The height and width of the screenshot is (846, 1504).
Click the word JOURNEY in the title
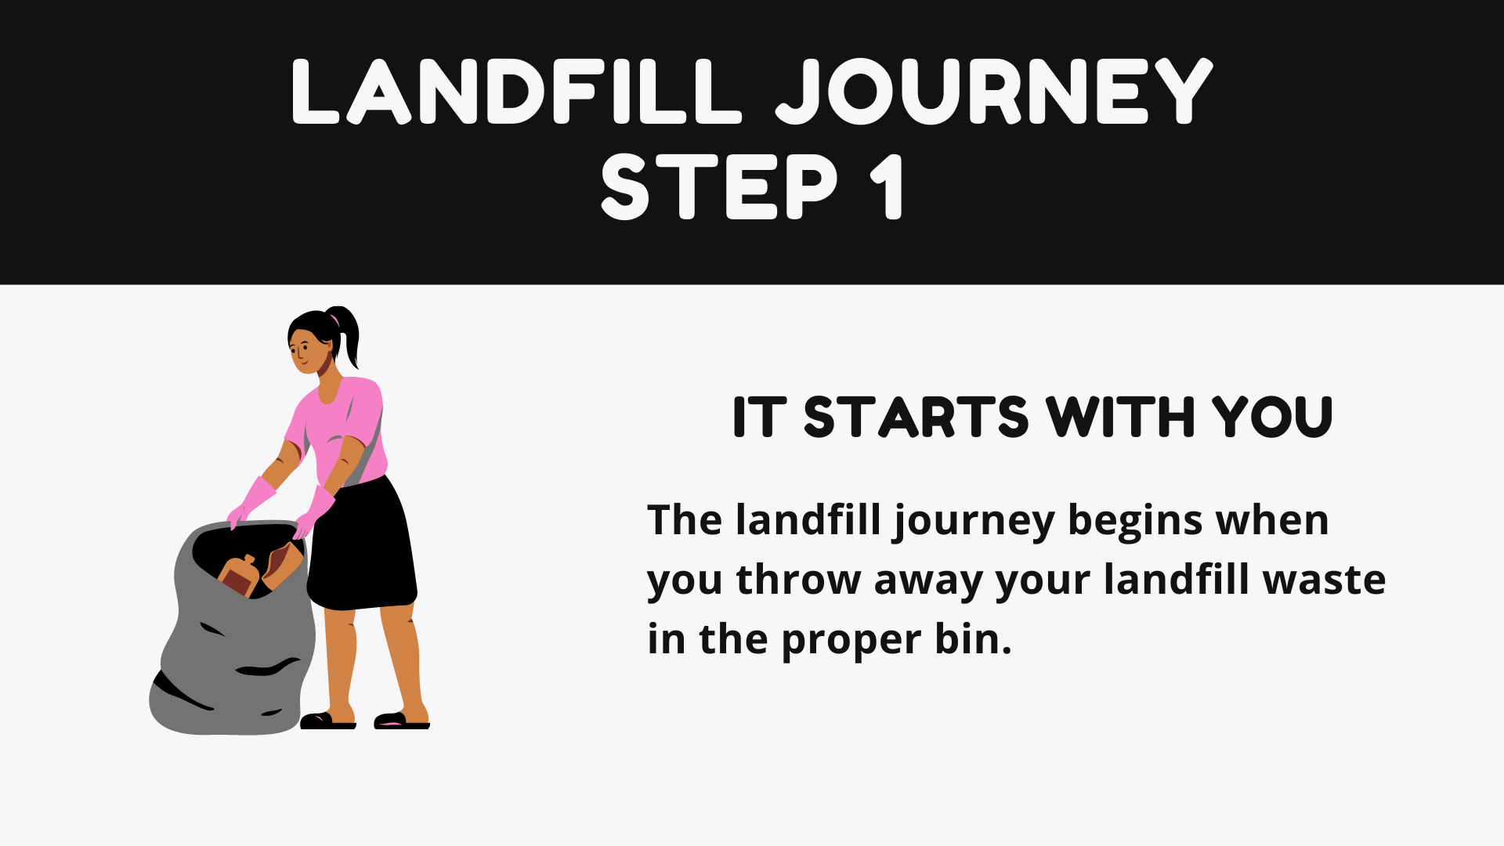[x=994, y=92]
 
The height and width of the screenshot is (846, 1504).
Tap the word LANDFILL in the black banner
[x=516, y=92]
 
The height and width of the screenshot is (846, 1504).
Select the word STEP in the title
[x=719, y=187]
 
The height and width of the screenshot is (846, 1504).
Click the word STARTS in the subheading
[x=916, y=417]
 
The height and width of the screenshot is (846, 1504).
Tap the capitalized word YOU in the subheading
[x=1272, y=417]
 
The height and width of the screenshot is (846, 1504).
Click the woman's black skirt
[x=362, y=544]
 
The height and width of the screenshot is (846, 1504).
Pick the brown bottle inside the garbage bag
[x=240, y=576]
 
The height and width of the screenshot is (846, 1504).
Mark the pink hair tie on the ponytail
[x=335, y=319]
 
